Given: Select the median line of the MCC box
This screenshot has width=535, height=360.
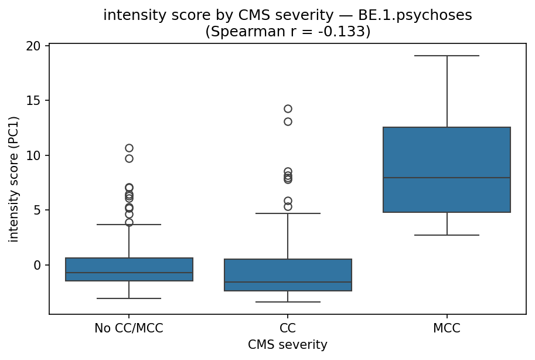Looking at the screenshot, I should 447,178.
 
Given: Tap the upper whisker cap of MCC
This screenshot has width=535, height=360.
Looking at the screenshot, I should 447,56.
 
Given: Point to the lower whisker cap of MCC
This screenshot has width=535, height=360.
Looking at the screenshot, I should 447,235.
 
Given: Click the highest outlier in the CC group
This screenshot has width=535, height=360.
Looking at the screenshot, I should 288,108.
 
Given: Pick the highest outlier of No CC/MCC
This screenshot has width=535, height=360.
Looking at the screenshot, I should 129,148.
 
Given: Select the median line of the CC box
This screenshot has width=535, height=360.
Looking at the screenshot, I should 288,282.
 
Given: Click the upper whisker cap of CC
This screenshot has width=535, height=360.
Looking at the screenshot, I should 288,213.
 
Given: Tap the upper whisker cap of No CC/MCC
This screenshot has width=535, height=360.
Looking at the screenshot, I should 129,225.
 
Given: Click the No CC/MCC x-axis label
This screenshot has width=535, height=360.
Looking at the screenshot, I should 129,329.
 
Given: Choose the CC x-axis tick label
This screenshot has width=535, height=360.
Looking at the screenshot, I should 288,329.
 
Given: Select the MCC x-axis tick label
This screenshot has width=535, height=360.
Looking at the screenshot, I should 447,329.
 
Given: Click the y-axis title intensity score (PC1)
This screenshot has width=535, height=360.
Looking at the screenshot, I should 14,179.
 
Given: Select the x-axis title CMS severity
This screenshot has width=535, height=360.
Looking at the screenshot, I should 288,345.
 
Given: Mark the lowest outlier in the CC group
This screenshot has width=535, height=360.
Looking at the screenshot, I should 288,206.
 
